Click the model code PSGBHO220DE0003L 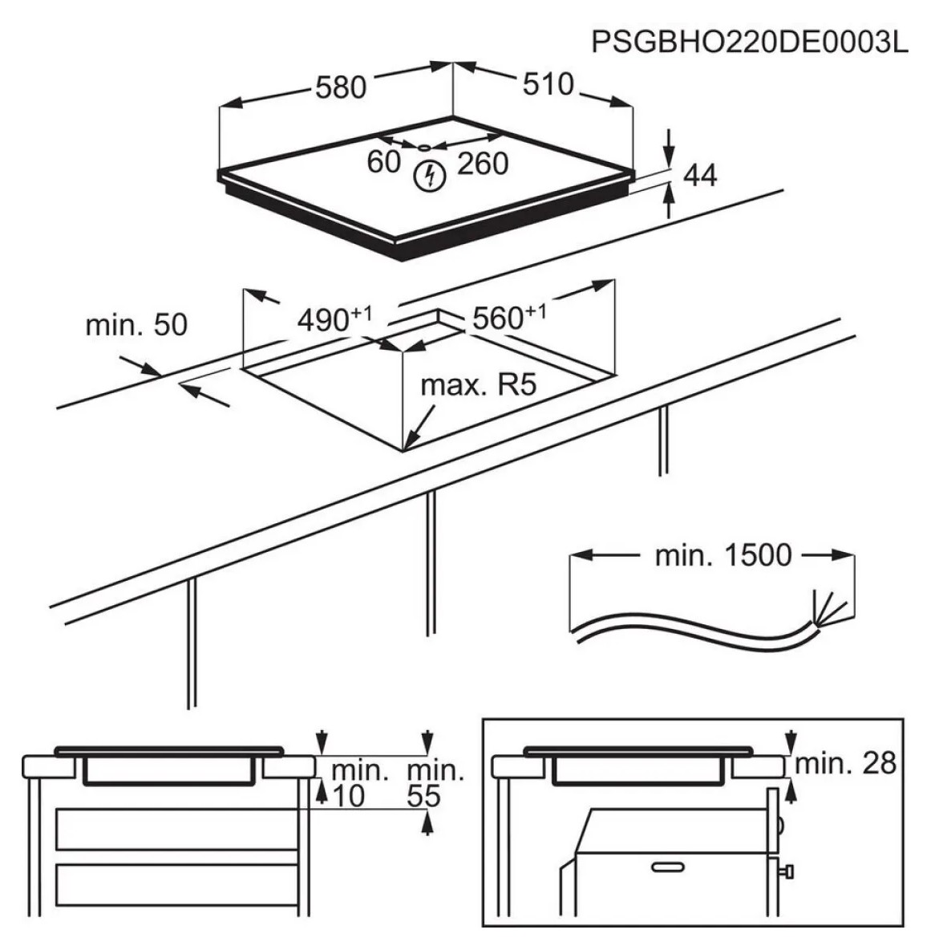tap(750, 42)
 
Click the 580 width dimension tap(340, 87)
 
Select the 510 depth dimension tap(548, 83)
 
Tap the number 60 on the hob tap(384, 161)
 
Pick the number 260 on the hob tap(483, 163)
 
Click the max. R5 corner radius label tap(478, 386)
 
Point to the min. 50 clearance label tap(136, 324)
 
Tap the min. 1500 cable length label tap(723, 555)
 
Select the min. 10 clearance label tap(358, 784)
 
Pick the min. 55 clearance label tap(435, 784)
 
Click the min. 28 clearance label tap(845, 762)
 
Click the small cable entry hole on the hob tap(423, 147)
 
